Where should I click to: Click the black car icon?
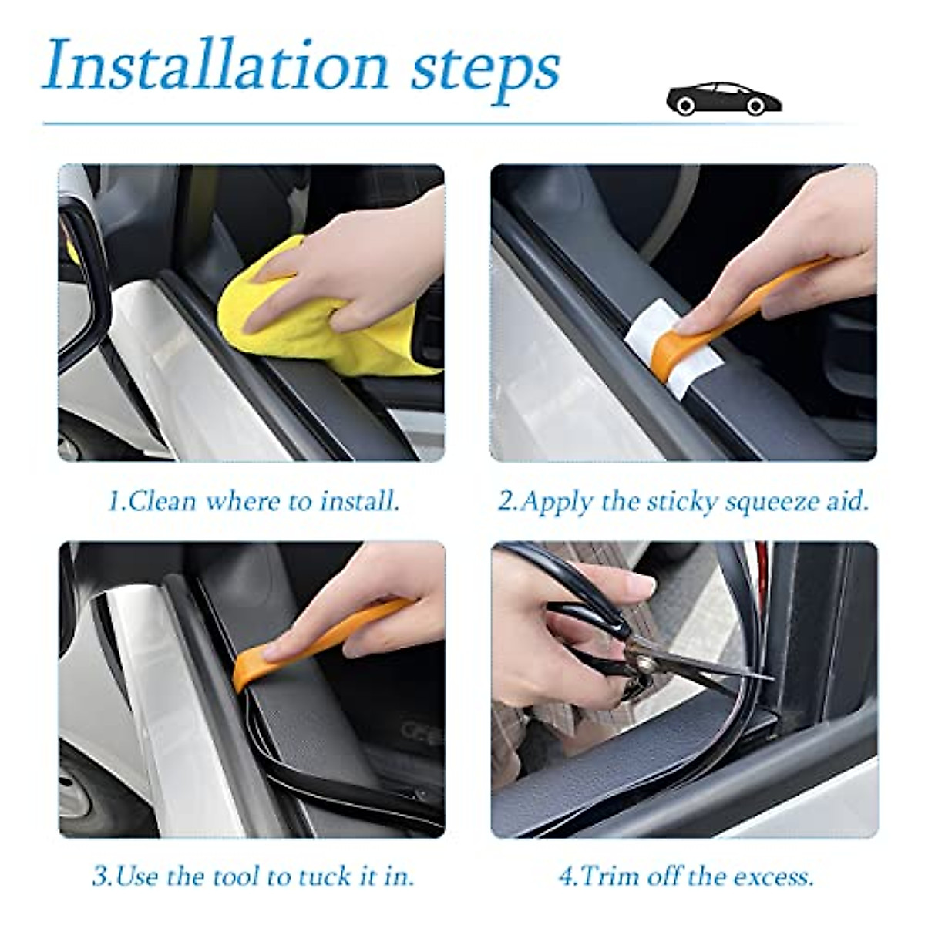tap(724, 99)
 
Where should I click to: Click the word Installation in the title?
tap(217, 65)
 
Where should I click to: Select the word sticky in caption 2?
tap(678, 502)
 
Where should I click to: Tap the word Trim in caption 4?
tap(608, 876)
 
